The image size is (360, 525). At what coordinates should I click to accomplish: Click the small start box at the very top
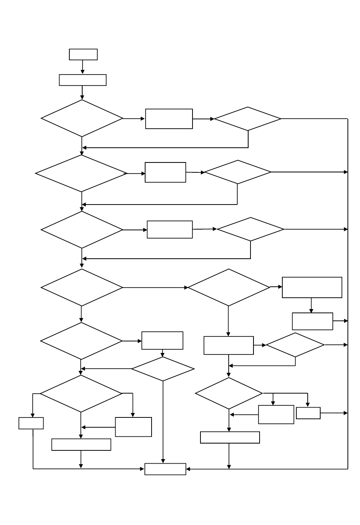point(83,54)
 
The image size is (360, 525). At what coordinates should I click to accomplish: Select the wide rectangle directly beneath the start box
point(83,80)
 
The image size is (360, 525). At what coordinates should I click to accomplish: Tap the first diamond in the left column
point(82,118)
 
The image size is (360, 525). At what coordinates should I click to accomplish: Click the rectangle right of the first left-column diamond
point(169,119)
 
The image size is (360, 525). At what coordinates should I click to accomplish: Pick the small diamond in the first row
point(248,119)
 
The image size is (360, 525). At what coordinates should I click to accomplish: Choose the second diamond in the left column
point(81,173)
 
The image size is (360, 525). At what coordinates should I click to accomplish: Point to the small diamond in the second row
point(238,172)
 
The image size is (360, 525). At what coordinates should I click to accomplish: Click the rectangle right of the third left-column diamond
point(169,230)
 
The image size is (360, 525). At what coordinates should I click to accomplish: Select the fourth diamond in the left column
point(81,287)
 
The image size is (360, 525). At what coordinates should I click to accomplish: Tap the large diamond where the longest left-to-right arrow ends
point(229,287)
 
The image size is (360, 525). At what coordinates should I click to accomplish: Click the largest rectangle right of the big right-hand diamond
point(312,287)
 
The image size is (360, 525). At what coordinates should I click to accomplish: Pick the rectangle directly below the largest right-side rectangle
point(312,321)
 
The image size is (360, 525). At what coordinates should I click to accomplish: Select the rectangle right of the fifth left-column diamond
point(162,341)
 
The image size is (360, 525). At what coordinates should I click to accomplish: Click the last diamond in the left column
point(81,394)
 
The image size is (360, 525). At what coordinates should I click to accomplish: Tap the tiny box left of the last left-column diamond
point(31,423)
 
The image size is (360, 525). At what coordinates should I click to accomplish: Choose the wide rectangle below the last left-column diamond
point(81,444)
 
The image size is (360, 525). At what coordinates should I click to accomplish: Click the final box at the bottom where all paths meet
point(165,469)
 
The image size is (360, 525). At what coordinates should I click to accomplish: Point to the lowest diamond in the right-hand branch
point(229,393)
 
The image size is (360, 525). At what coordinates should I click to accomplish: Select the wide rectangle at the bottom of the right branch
point(230,437)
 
